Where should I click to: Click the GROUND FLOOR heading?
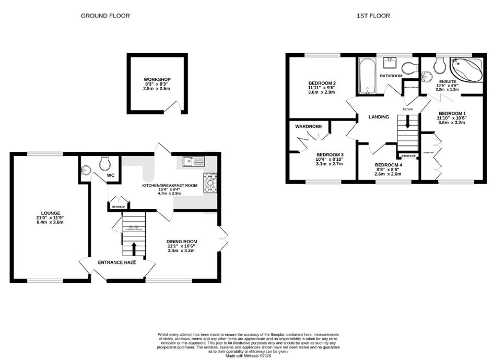(105, 16)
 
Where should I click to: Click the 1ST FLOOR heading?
(373, 16)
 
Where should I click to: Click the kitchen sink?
(189, 162)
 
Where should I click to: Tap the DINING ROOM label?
(181, 241)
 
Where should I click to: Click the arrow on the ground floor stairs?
(133, 247)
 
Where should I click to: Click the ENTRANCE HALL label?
(117, 262)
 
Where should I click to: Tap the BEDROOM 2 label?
(322, 83)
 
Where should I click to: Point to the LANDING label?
(379, 117)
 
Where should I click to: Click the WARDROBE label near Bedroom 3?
(308, 126)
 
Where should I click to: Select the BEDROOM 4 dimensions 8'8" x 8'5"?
(387, 169)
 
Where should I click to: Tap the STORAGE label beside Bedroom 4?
(408, 156)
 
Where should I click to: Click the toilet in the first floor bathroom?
(409, 68)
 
